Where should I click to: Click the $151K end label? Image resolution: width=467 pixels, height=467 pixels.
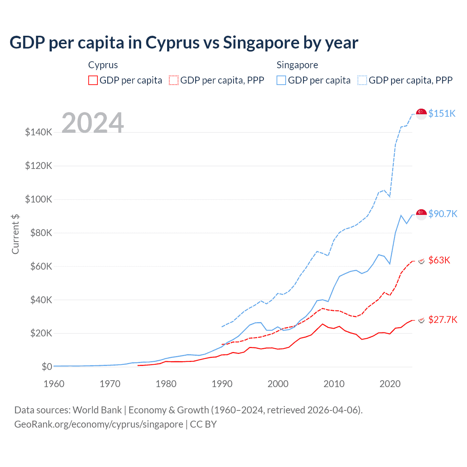pos(442,113)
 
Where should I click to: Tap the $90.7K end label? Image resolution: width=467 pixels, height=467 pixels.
pos(443,214)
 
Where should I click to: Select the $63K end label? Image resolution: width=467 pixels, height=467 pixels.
pos(439,260)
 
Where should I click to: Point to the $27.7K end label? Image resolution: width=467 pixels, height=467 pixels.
pos(443,320)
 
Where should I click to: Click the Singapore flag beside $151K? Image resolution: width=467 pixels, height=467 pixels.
pos(421,114)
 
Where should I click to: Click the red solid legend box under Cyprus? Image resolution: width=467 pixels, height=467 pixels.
pos(93,80)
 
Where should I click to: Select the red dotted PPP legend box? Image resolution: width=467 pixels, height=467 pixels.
pos(174,80)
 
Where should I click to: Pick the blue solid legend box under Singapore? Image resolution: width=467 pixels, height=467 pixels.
pos(281,80)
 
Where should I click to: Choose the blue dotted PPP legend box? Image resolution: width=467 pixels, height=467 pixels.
pos(362,80)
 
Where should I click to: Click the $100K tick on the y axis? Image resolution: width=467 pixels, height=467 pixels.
pos(39,199)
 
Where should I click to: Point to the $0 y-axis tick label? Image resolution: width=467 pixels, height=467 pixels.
pos(47,367)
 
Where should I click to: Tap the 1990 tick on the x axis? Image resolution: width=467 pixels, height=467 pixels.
pos(222,384)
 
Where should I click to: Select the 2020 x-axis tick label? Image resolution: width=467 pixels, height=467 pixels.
pos(390,384)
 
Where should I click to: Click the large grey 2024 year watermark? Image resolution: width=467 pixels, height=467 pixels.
pos(93,123)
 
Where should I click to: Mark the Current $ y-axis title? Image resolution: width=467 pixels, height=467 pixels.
pos(15,234)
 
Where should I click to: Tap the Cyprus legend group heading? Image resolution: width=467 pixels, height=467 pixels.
pos(103,65)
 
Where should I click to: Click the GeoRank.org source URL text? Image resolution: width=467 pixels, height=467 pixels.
pos(99,424)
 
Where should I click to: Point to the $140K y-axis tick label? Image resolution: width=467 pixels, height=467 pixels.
pos(39,132)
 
